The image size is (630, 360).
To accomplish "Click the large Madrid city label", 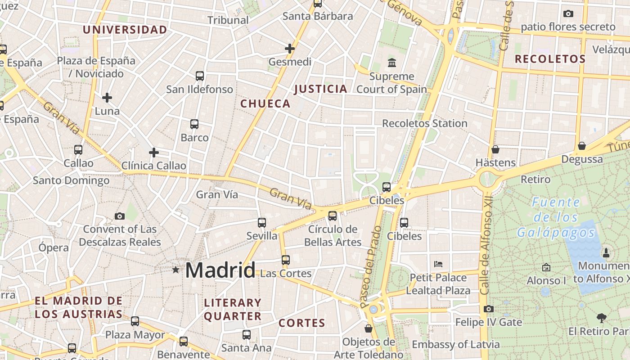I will pyautogui.click(x=220, y=270).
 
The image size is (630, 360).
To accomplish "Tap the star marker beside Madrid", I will pyautogui.click(x=175, y=270).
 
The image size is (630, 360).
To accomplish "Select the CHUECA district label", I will pyautogui.click(x=265, y=104).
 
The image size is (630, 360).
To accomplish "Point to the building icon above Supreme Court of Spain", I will pyautogui.click(x=391, y=63).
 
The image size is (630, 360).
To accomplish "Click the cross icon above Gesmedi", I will pyautogui.click(x=290, y=48).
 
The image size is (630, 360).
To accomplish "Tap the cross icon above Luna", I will pyautogui.click(x=107, y=97).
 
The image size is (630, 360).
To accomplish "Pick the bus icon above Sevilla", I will pyautogui.click(x=262, y=222).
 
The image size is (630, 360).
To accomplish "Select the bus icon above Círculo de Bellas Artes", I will pyautogui.click(x=333, y=216).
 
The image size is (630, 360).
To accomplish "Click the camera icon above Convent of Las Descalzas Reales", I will pyautogui.click(x=119, y=216).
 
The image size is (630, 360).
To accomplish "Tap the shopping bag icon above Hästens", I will pyautogui.click(x=495, y=149).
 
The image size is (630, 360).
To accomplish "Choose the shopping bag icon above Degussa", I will pyautogui.click(x=582, y=146).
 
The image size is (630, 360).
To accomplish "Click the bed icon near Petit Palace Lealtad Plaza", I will pyautogui.click(x=438, y=264).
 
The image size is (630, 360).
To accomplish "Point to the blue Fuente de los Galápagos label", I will pyautogui.click(x=556, y=217).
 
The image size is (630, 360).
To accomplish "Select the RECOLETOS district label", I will pyautogui.click(x=550, y=59).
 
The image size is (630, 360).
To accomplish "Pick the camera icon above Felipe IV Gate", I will pyautogui.click(x=489, y=309).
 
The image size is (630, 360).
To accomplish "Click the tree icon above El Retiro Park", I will pyautogui.click(x=602, y=318).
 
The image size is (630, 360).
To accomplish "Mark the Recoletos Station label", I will pyautogui.click(x=424, y=123).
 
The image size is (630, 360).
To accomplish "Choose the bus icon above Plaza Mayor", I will pyautogui.click(x=135, y=321).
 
